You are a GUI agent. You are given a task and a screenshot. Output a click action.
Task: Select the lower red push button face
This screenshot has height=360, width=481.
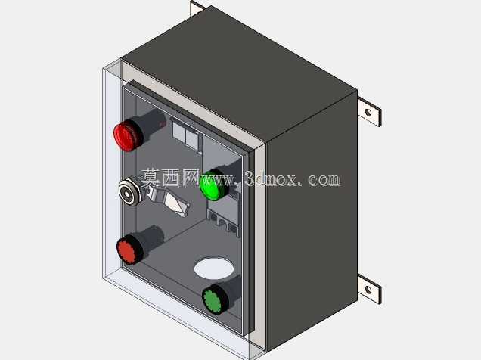click(127, 250)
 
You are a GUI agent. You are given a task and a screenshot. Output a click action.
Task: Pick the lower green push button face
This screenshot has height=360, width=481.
click(213, 299)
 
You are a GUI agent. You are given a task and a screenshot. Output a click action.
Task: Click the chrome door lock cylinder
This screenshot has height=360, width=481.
click(129, 193)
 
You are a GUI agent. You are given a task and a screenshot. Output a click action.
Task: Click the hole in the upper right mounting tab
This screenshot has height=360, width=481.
click(368, 113)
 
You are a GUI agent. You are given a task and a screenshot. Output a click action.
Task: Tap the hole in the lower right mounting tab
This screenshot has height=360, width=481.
click(368, 290)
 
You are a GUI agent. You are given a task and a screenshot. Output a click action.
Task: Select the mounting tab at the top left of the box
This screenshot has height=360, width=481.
click(197, 8)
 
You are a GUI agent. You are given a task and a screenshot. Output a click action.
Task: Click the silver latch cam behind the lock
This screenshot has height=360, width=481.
click(169, 200)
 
